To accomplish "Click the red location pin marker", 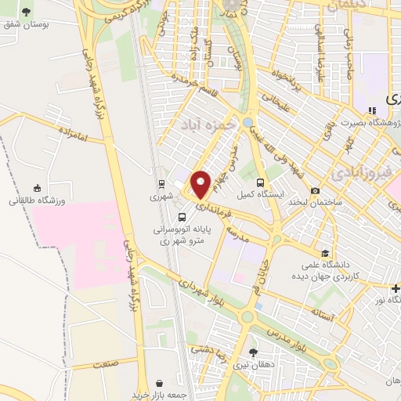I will click(x=201, y=183).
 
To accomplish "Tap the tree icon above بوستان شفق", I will click(x=27, y=12).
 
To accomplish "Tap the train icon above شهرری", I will click(x=161, y=185).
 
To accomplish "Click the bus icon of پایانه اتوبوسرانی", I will click(x=182, y=217).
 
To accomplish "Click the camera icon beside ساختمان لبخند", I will click(x=315, y=190).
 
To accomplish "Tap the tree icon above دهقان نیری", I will click(x=252, y=352).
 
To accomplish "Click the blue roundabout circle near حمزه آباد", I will click(x=247, y=123).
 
